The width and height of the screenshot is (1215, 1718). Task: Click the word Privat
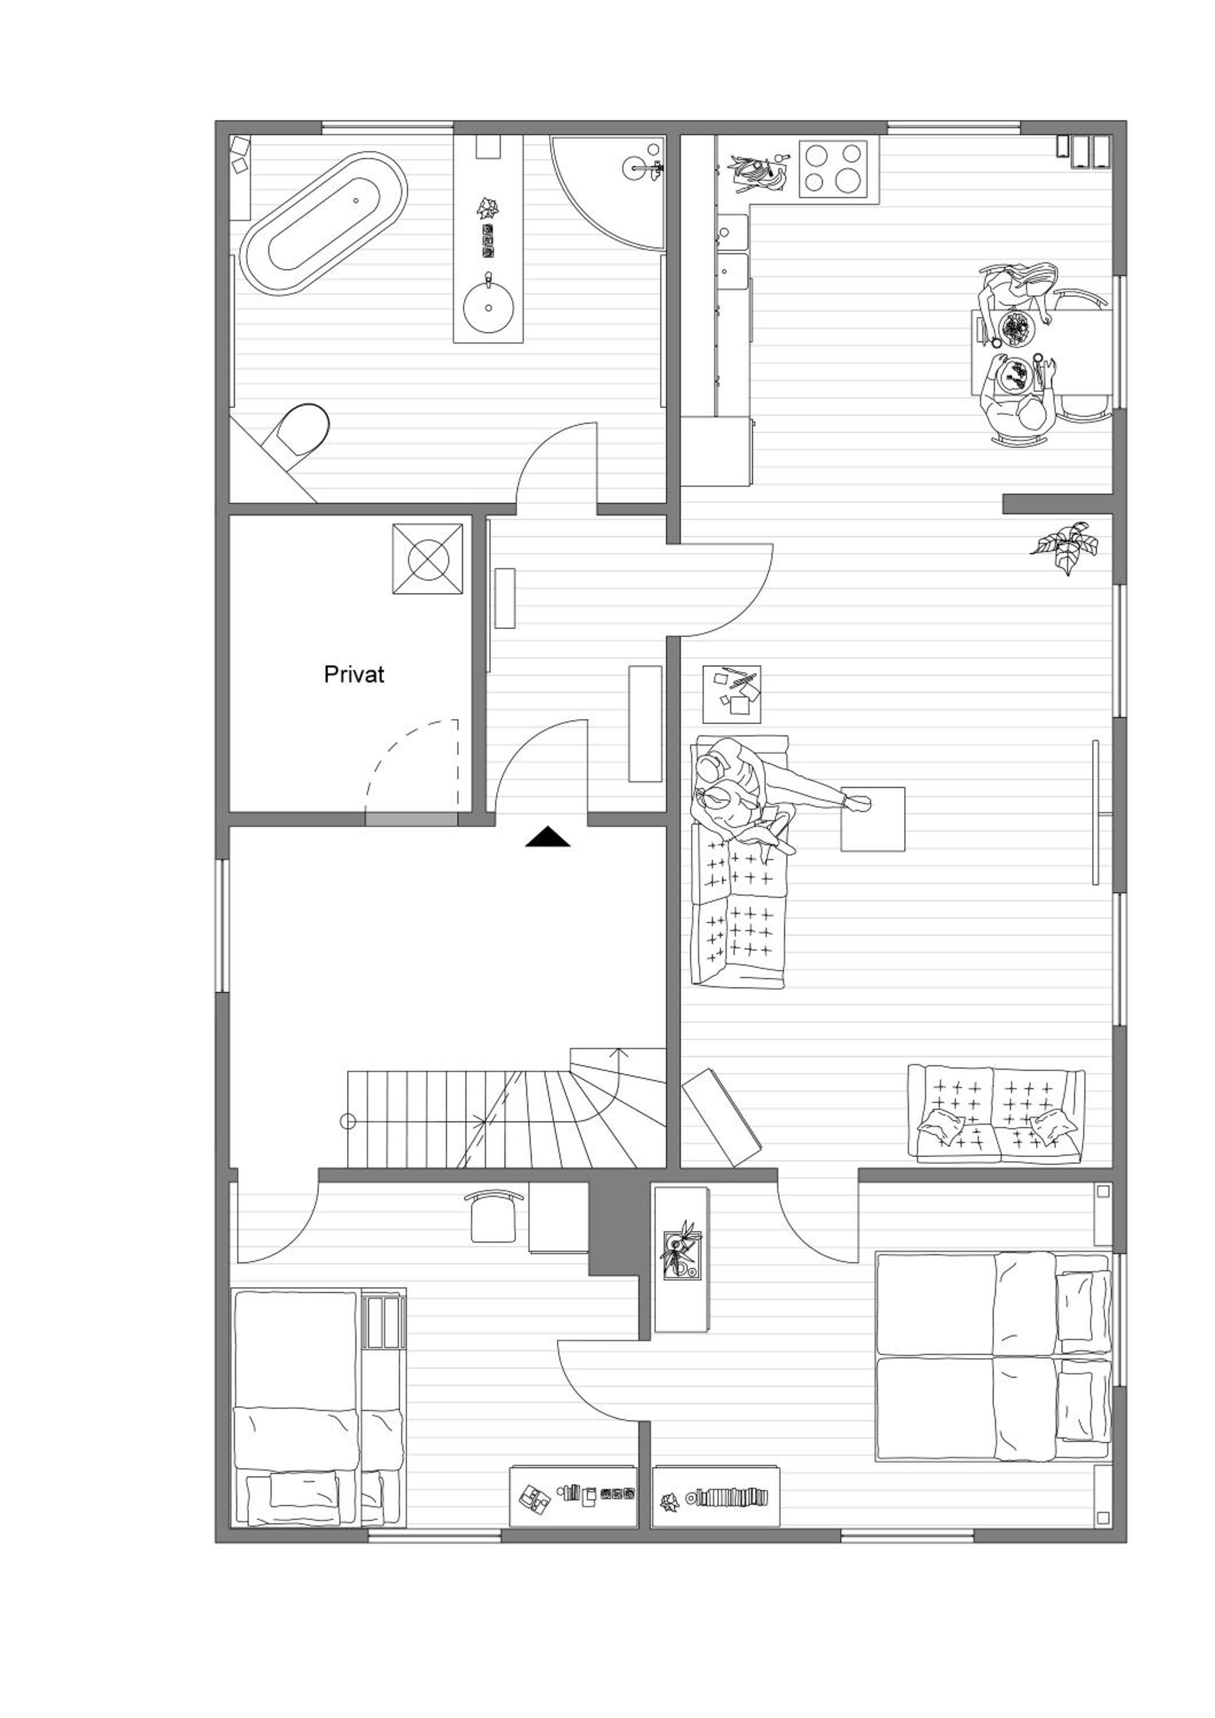[354, 675]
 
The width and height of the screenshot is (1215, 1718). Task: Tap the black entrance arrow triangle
[547, 837]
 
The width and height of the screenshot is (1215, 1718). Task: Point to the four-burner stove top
[833, 168]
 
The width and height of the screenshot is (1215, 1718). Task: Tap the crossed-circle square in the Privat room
[428, 559]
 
